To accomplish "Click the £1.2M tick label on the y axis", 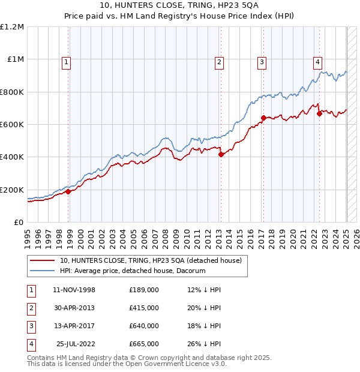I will coord(12,26).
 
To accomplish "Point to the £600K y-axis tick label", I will coord(12,124).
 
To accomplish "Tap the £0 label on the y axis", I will coord(18,222).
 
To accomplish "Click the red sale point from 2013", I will coord(221,154).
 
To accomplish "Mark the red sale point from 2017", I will coord(263,118).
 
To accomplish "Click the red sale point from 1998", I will coord(68,191).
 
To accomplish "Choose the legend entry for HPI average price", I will coord(133,271).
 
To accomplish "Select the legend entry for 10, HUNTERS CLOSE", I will coord(150,260).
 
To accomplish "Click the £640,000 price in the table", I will coord(144,326).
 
